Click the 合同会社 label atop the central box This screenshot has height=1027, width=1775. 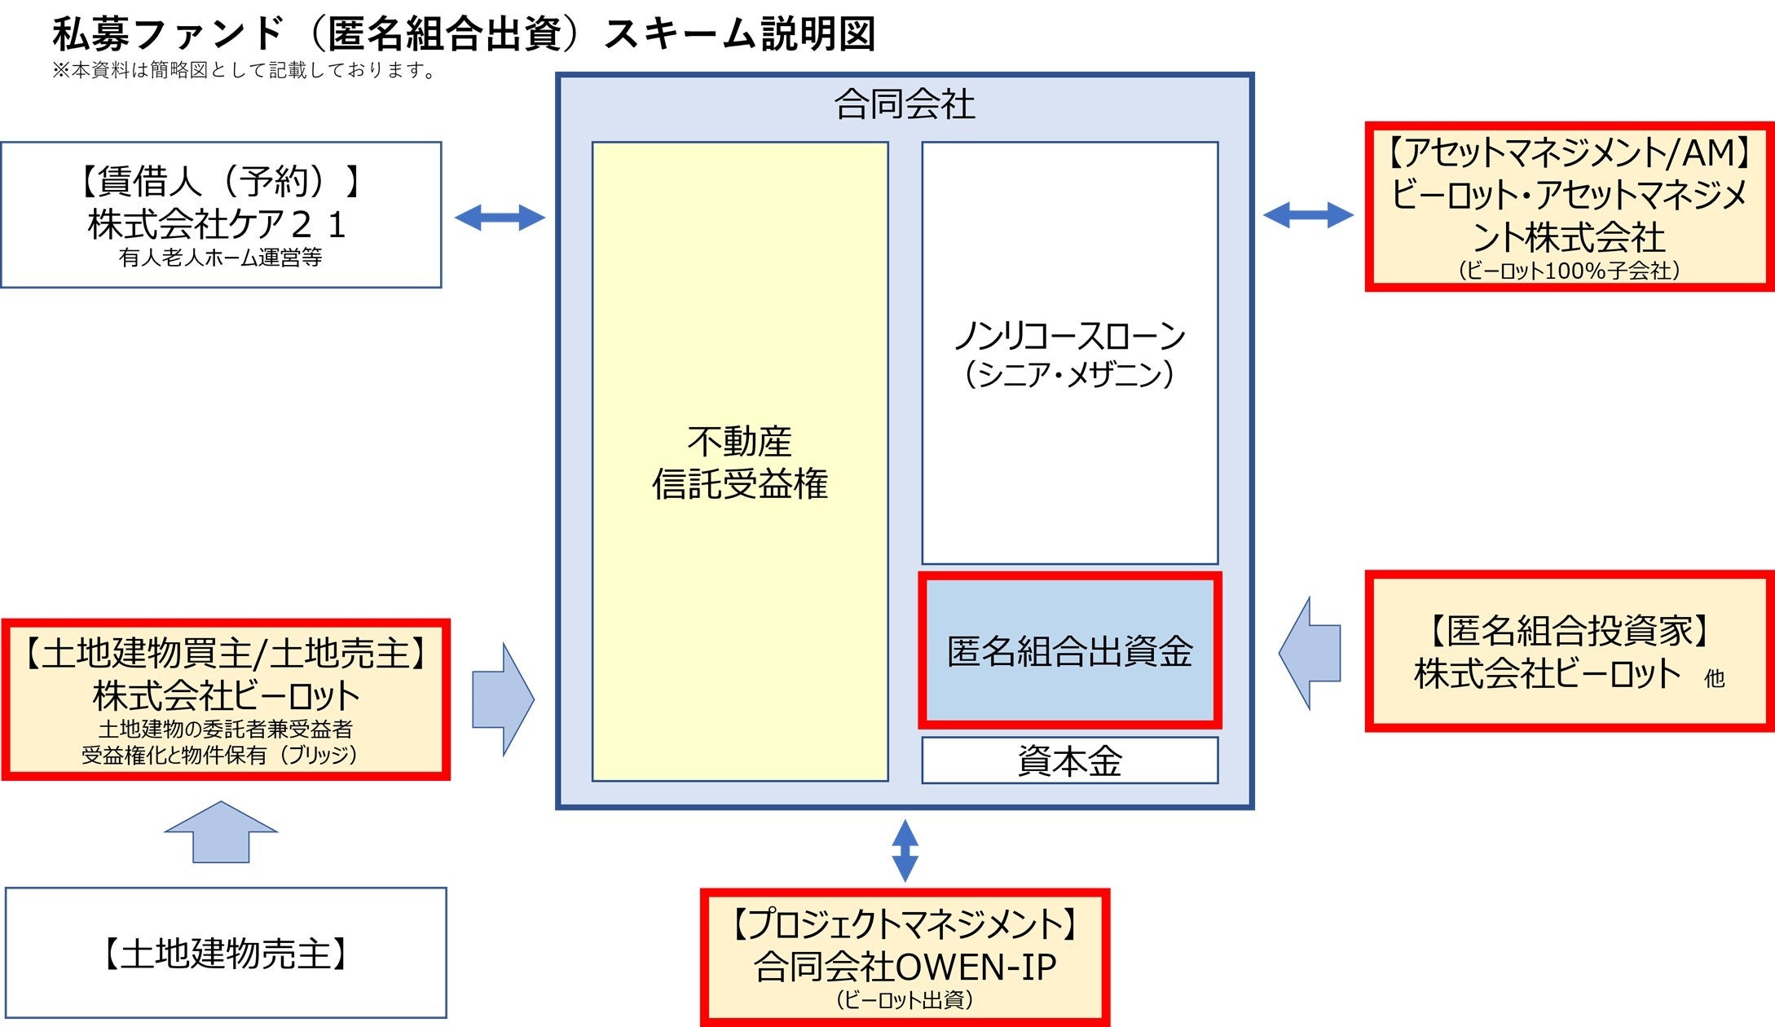pos(905,104)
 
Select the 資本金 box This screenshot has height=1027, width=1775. pos(1069,760)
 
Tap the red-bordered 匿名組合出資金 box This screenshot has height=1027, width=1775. pos(1069,650)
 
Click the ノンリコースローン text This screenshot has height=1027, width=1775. pos(1069,336)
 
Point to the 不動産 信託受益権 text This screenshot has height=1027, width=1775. pos(739,462)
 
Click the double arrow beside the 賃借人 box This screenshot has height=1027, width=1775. pos(500,217)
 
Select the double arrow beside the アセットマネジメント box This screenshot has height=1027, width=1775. pos(1308,215)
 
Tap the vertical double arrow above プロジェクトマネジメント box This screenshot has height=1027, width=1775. pos(905,850)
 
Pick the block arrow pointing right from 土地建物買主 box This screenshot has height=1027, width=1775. pos(502,699)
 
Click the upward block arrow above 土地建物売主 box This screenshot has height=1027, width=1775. pos(221,832)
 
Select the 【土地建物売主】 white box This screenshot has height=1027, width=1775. pos(226,953)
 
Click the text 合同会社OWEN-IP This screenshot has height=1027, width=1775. pos(905,967)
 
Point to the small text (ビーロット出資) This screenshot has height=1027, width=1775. pos(905,1000)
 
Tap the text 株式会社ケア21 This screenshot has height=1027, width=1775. pos(218,224)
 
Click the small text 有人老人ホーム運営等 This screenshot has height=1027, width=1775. pos(220,258)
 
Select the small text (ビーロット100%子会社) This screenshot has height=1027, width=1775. pos(1569,271)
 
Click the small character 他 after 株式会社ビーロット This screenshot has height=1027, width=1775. pos(1714,678)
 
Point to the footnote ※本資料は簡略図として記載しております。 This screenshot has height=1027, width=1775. pos(244,71)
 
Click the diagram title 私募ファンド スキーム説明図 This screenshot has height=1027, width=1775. pos(464,34)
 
